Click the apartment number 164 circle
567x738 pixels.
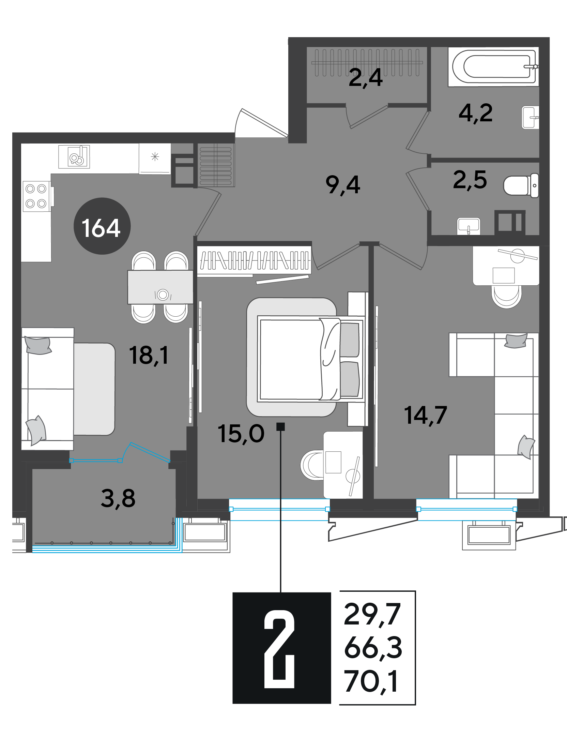(x=102, y=226)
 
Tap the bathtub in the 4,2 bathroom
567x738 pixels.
(x=493, y=67)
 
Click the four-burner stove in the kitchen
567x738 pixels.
(x=36, y=196)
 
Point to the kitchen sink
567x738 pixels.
(x=74, y=157)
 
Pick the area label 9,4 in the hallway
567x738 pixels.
(x=343, y=185)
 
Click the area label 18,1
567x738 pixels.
(x=149, y=356)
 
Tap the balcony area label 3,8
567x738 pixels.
(x=118, y=498)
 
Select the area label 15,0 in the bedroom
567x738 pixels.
(x=241, y=434)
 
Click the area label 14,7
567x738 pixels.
(x=425, y=415)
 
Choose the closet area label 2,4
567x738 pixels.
(x=366, y=78)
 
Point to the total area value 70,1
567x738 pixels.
(x=371, y=682)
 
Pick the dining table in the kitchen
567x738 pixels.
(x=160, y=287)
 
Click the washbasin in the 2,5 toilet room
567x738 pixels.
(x=469, y=226)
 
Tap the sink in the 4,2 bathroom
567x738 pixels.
(x=530, y=117)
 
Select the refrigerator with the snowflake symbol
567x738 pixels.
(x=155, y=159)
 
